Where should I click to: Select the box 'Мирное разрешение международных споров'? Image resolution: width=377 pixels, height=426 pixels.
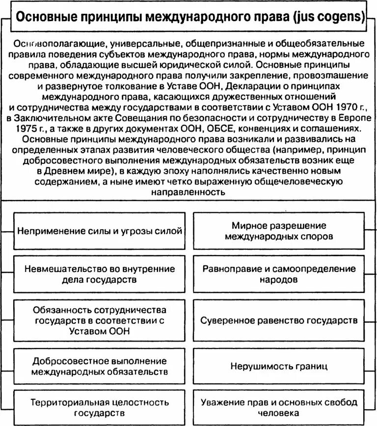[x=279, y=231]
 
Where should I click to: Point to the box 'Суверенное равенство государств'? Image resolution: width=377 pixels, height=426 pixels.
[x=279, y=320]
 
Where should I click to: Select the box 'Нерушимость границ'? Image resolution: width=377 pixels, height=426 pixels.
[x=279, y=366]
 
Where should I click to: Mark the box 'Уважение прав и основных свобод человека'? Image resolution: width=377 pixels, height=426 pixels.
[x=279, y=407]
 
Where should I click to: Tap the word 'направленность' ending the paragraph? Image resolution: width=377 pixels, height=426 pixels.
[x=188, y=193]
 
